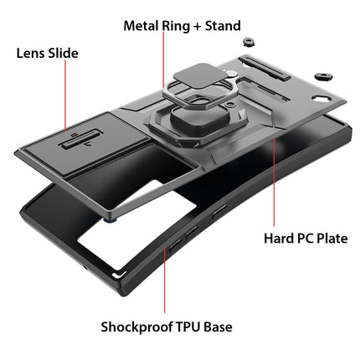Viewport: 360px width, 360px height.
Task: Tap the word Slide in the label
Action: [x=63, y=53]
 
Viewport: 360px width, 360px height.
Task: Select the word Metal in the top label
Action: [x=141, y=26]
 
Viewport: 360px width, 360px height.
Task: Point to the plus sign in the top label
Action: [x=197, y=27]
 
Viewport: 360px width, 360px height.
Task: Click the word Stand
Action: [x=223, y=26]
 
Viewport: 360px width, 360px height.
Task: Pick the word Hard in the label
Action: [x=278, y=239]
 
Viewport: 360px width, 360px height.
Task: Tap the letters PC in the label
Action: [x=306, y=239]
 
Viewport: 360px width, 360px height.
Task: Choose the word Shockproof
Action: [x=136, y=327]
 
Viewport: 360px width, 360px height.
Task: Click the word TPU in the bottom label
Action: [x=188, y=327]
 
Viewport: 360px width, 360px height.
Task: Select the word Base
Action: [x=218, y=327]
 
